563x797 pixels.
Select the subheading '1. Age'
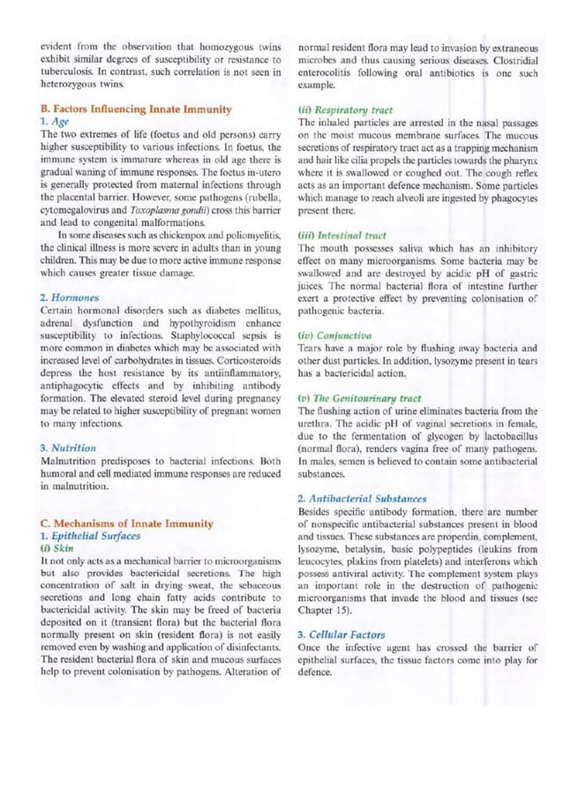click(54, 121)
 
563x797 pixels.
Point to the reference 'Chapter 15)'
click(327, 610)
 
